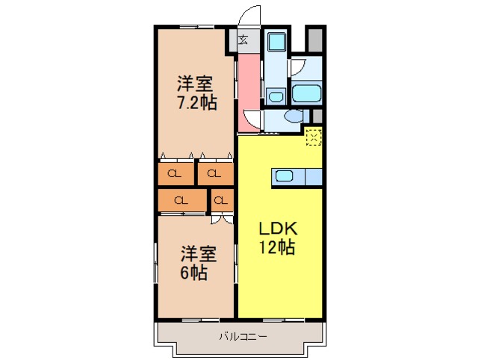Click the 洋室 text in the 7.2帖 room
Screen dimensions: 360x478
[x=196, y=82]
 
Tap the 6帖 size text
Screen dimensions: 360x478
[x=193, y=273]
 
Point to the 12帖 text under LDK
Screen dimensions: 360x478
[x=277, y=248]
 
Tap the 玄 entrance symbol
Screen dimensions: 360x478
[x=243, y=40]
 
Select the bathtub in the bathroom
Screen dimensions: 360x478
[x=305, y=94]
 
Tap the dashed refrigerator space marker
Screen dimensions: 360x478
[x=314, y=136]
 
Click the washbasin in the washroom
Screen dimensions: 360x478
[x=275, y=96]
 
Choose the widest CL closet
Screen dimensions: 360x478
[x=181, y=200]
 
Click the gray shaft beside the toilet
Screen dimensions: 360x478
[x=317, y=117]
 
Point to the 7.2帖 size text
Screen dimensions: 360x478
[x=196, y=102]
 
